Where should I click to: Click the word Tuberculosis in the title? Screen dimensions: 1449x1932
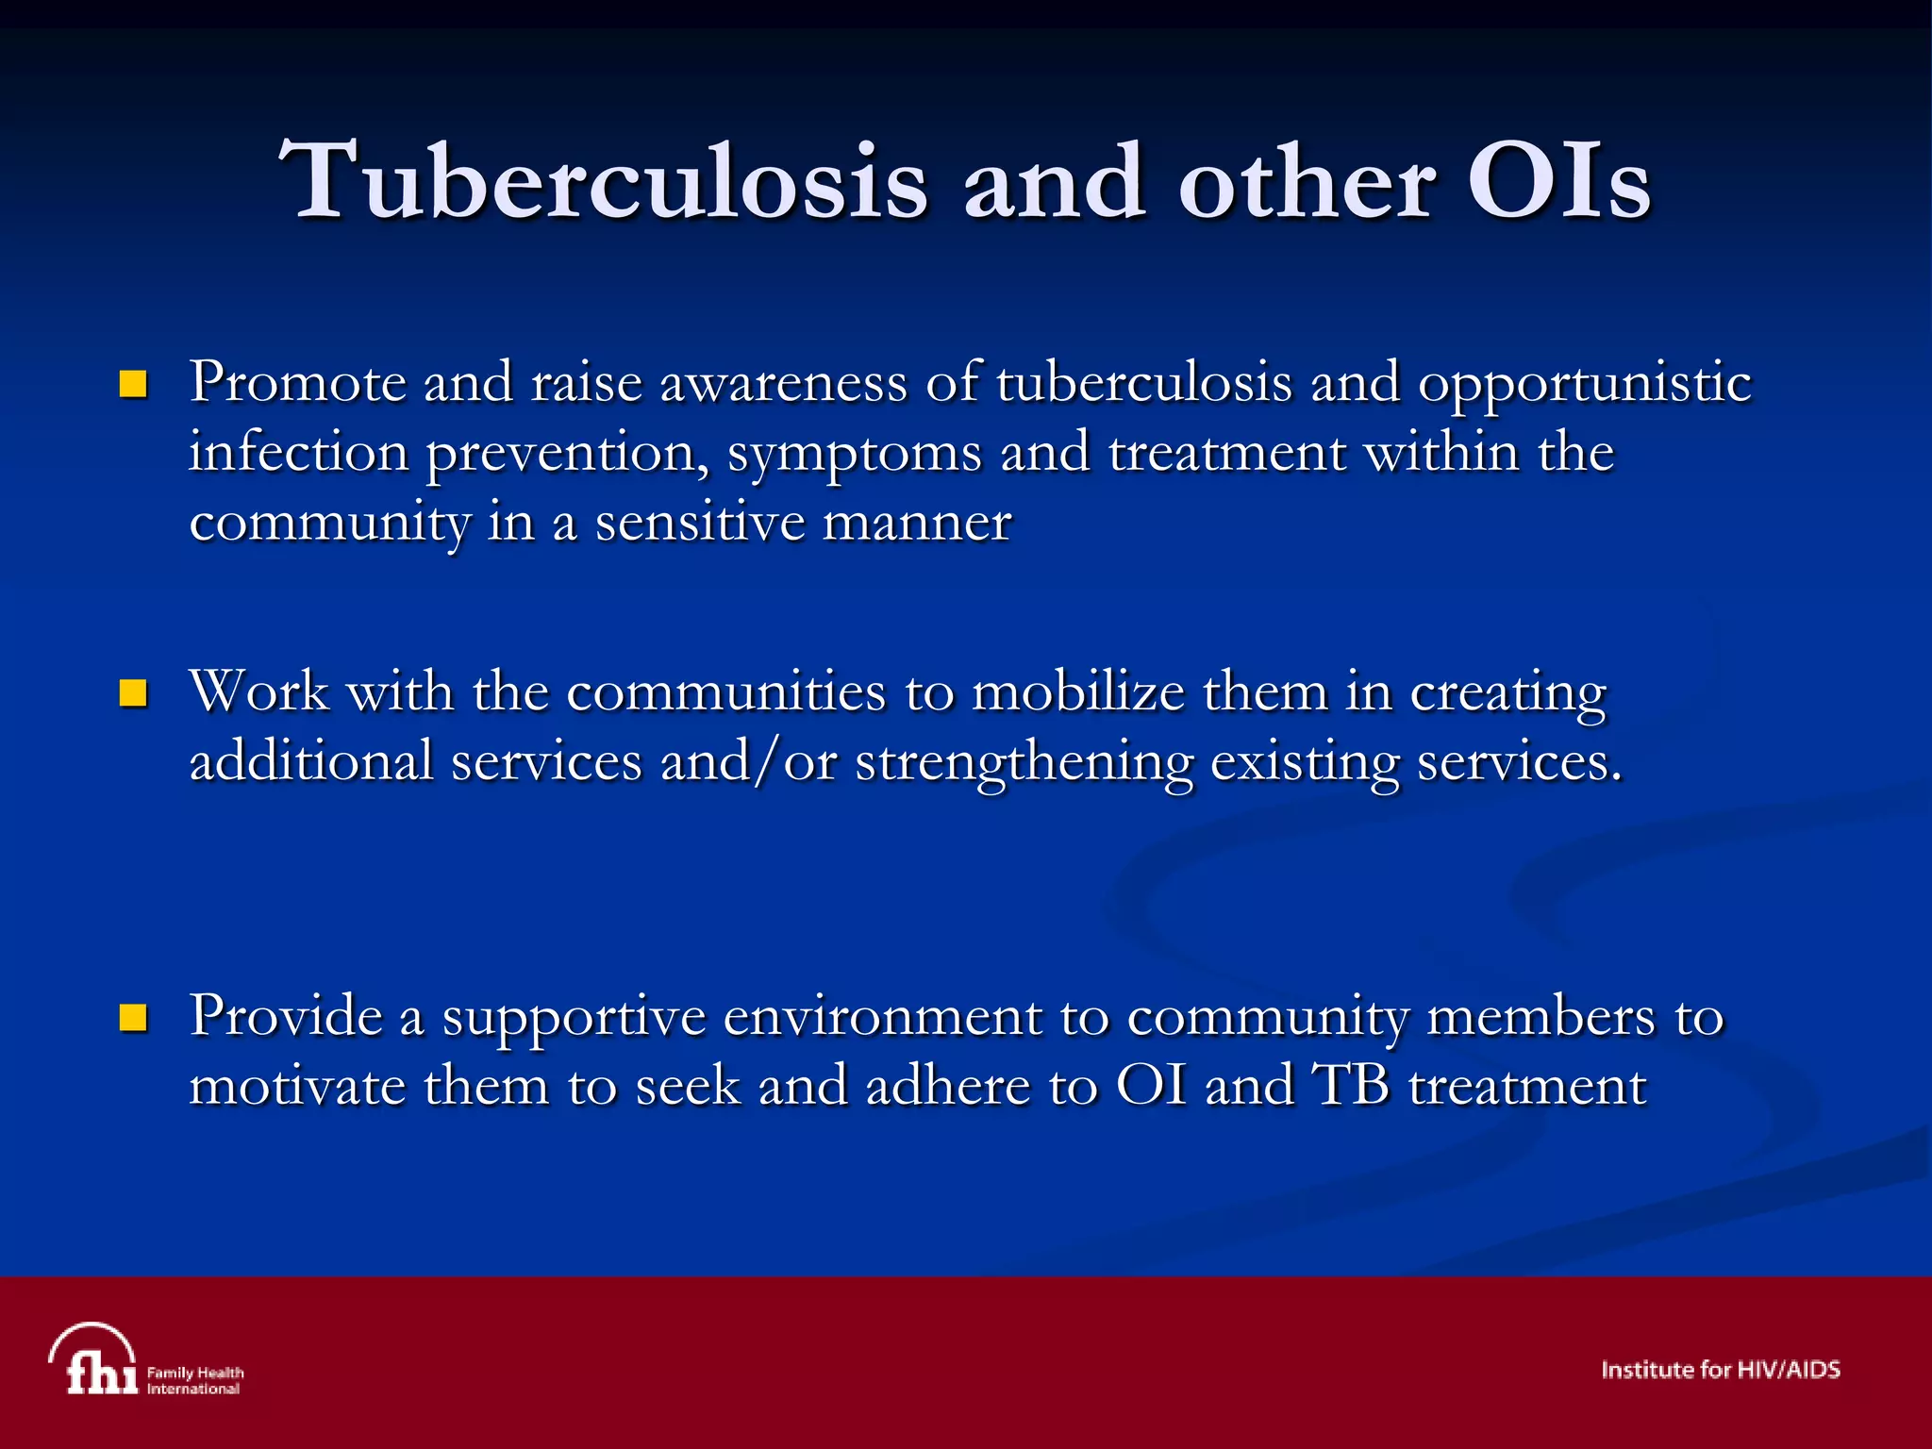click(604, 181)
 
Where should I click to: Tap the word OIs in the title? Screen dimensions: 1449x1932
click(1558, 181)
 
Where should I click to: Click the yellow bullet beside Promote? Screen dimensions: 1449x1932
click(133, 384)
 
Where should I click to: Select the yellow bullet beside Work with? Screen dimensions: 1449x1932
click(133, 694)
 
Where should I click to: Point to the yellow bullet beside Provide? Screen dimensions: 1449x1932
click(133, 1018)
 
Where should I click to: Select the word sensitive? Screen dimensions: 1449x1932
click(699, 523)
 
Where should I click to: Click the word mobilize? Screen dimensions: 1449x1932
click(1077, 692)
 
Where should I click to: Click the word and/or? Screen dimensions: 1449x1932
click(748, 762)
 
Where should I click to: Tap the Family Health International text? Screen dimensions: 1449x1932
click(194, 1380)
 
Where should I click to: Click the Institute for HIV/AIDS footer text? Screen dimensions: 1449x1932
click(1720, 1370)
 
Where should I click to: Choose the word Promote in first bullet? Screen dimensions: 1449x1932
click(297, 383)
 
